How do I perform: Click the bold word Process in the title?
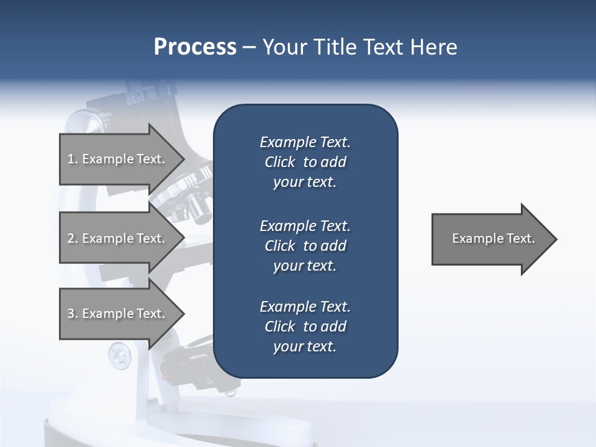pos(195,47)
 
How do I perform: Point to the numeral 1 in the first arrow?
pos(71,160)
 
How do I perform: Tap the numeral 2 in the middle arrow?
pos(71,239)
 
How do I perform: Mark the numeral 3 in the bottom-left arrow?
pos(71,314)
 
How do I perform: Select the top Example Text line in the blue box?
pos(305,142)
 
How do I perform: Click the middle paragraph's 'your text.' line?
pos(305,266)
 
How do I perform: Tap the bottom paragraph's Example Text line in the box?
pos(305,307)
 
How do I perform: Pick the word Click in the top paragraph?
pos(280,162)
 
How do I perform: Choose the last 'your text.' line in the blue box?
pos(305,346)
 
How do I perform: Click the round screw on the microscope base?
pos(119,356)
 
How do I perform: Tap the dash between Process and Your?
pos(249,47)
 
